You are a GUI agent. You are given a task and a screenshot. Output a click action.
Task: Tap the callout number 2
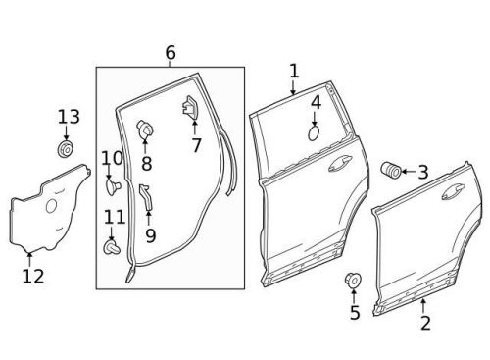point(425,322)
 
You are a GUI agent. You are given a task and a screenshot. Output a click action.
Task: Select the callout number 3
point(422,173)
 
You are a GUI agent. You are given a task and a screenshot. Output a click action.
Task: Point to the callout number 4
point(316,102)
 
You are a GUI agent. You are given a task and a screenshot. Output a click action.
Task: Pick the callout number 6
point(171,52)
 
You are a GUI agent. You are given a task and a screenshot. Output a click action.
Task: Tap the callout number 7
point(196,146)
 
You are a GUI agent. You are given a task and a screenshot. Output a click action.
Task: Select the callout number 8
point(147,163)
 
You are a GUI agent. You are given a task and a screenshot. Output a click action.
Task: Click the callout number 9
point(150,235)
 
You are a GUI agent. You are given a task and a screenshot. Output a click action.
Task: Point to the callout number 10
point(112,157)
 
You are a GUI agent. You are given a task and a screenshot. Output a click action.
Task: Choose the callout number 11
point(115,217)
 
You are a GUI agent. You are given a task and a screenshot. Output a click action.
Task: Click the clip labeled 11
point(110,248)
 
